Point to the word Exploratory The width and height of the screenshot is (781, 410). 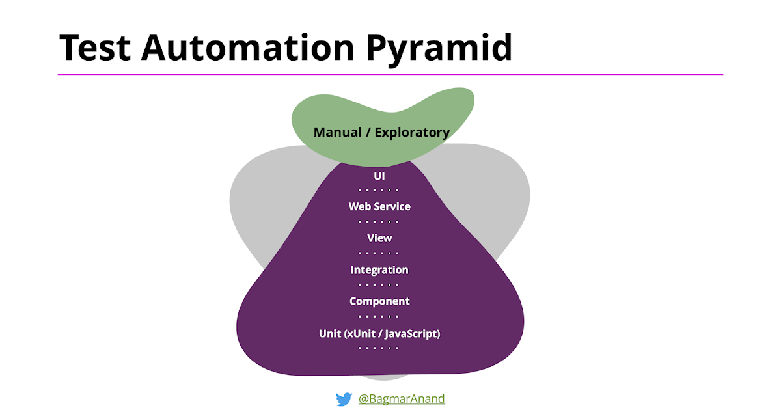click(412, 133)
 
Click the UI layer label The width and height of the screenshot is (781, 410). click(379, 175)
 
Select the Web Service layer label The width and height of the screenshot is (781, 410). click(379, 206)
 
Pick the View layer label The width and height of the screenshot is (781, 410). click(379, 238)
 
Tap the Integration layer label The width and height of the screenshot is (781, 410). click(379, 269)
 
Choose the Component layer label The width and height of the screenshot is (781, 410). click(379, 301)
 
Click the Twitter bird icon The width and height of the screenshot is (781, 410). click(344, 399)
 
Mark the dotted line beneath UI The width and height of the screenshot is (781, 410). click(378, 190)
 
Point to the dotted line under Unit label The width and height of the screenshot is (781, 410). click(378, 348)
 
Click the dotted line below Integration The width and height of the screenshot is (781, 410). click(378, 285)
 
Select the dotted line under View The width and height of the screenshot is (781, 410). click(378, 253)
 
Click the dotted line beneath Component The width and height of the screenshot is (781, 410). click(378, 316)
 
